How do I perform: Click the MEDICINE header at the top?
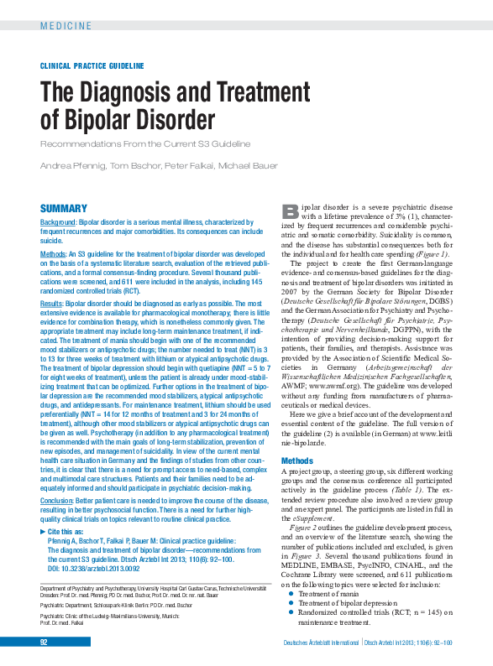66,26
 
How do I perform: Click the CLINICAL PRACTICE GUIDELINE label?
92,65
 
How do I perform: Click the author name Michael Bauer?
248,165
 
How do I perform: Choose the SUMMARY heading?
64,208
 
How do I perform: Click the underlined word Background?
59,222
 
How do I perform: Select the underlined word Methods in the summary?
54,252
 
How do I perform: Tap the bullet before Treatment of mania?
289,593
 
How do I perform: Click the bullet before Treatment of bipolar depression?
289,603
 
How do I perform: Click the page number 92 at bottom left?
45,642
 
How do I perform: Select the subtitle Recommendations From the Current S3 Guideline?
145,143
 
